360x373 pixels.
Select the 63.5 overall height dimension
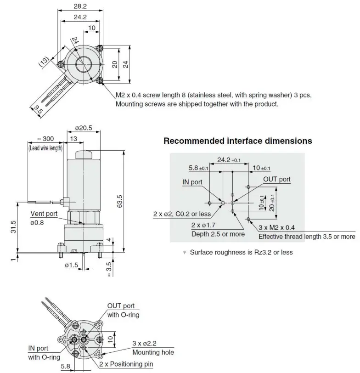[120, 201]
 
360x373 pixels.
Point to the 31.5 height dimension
[14, 227]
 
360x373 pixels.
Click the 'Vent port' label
[44, 214]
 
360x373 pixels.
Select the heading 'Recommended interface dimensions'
[237, 141]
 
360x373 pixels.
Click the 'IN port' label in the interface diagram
[192, 182]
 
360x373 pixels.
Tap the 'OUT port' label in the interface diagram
[276, 179]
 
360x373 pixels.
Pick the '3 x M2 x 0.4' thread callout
[277, 227]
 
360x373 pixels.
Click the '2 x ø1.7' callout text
[204, 225]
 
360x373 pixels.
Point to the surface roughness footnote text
[241, 252]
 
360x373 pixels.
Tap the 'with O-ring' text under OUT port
[123, 315]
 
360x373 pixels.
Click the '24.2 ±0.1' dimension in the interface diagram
[222, 160]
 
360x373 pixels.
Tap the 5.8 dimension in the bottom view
[67, 367]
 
